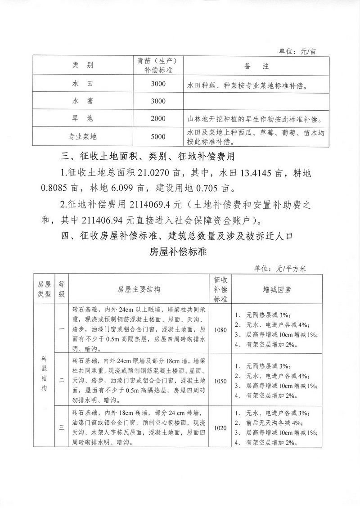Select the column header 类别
(83, 66)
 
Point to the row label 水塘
(83, 101)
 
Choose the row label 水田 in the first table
(83, 84)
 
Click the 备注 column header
(256, 66)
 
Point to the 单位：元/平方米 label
(280, 269)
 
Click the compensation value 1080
(220, 329)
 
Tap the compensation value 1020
(220, 427)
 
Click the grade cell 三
(61, 427)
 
